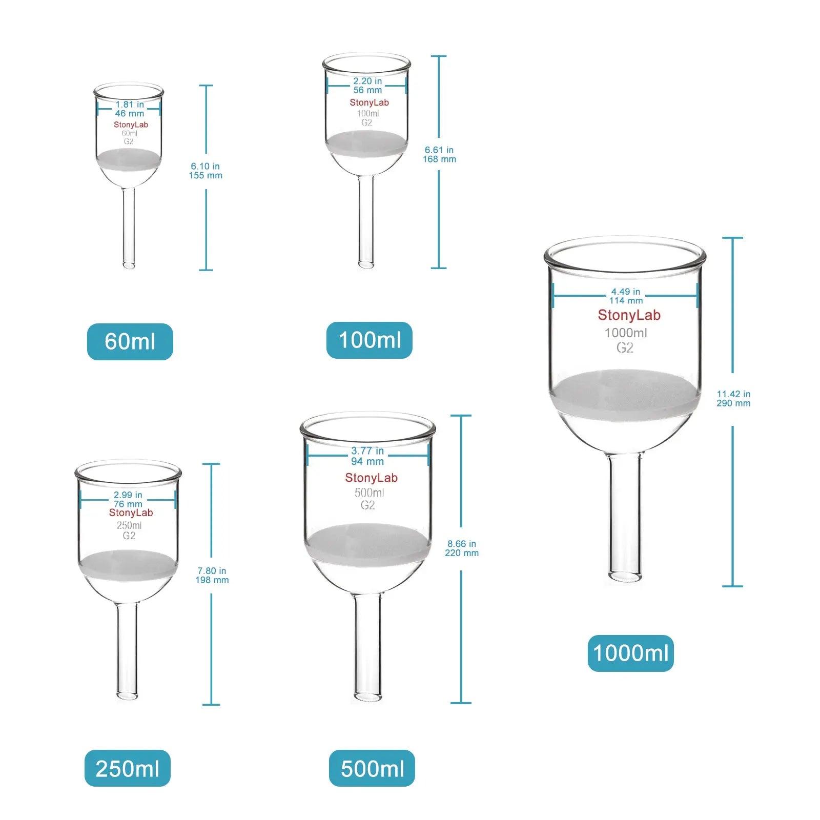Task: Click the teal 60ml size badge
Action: [130, 341]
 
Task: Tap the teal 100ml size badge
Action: [369, 340]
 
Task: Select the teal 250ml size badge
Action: [127, 768]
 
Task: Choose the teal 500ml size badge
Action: [372, 768]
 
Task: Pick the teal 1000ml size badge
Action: [630, 653]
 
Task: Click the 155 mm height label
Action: [206, 175]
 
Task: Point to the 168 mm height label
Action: [439, 159]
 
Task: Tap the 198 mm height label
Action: [212, 580]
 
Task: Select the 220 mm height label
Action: [462, 553]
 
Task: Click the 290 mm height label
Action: [733, 403]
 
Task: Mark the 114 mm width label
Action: [626, 301]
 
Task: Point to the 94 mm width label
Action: [367, 461]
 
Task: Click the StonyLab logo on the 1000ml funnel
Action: [629, 315]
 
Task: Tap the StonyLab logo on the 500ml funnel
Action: [371, 478]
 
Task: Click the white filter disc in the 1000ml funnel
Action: [625, 395]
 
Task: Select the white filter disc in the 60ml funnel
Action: [129, 159]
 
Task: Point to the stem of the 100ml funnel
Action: [366, 220]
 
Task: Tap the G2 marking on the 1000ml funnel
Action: [625, 348]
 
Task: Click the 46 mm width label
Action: [129, 113]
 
